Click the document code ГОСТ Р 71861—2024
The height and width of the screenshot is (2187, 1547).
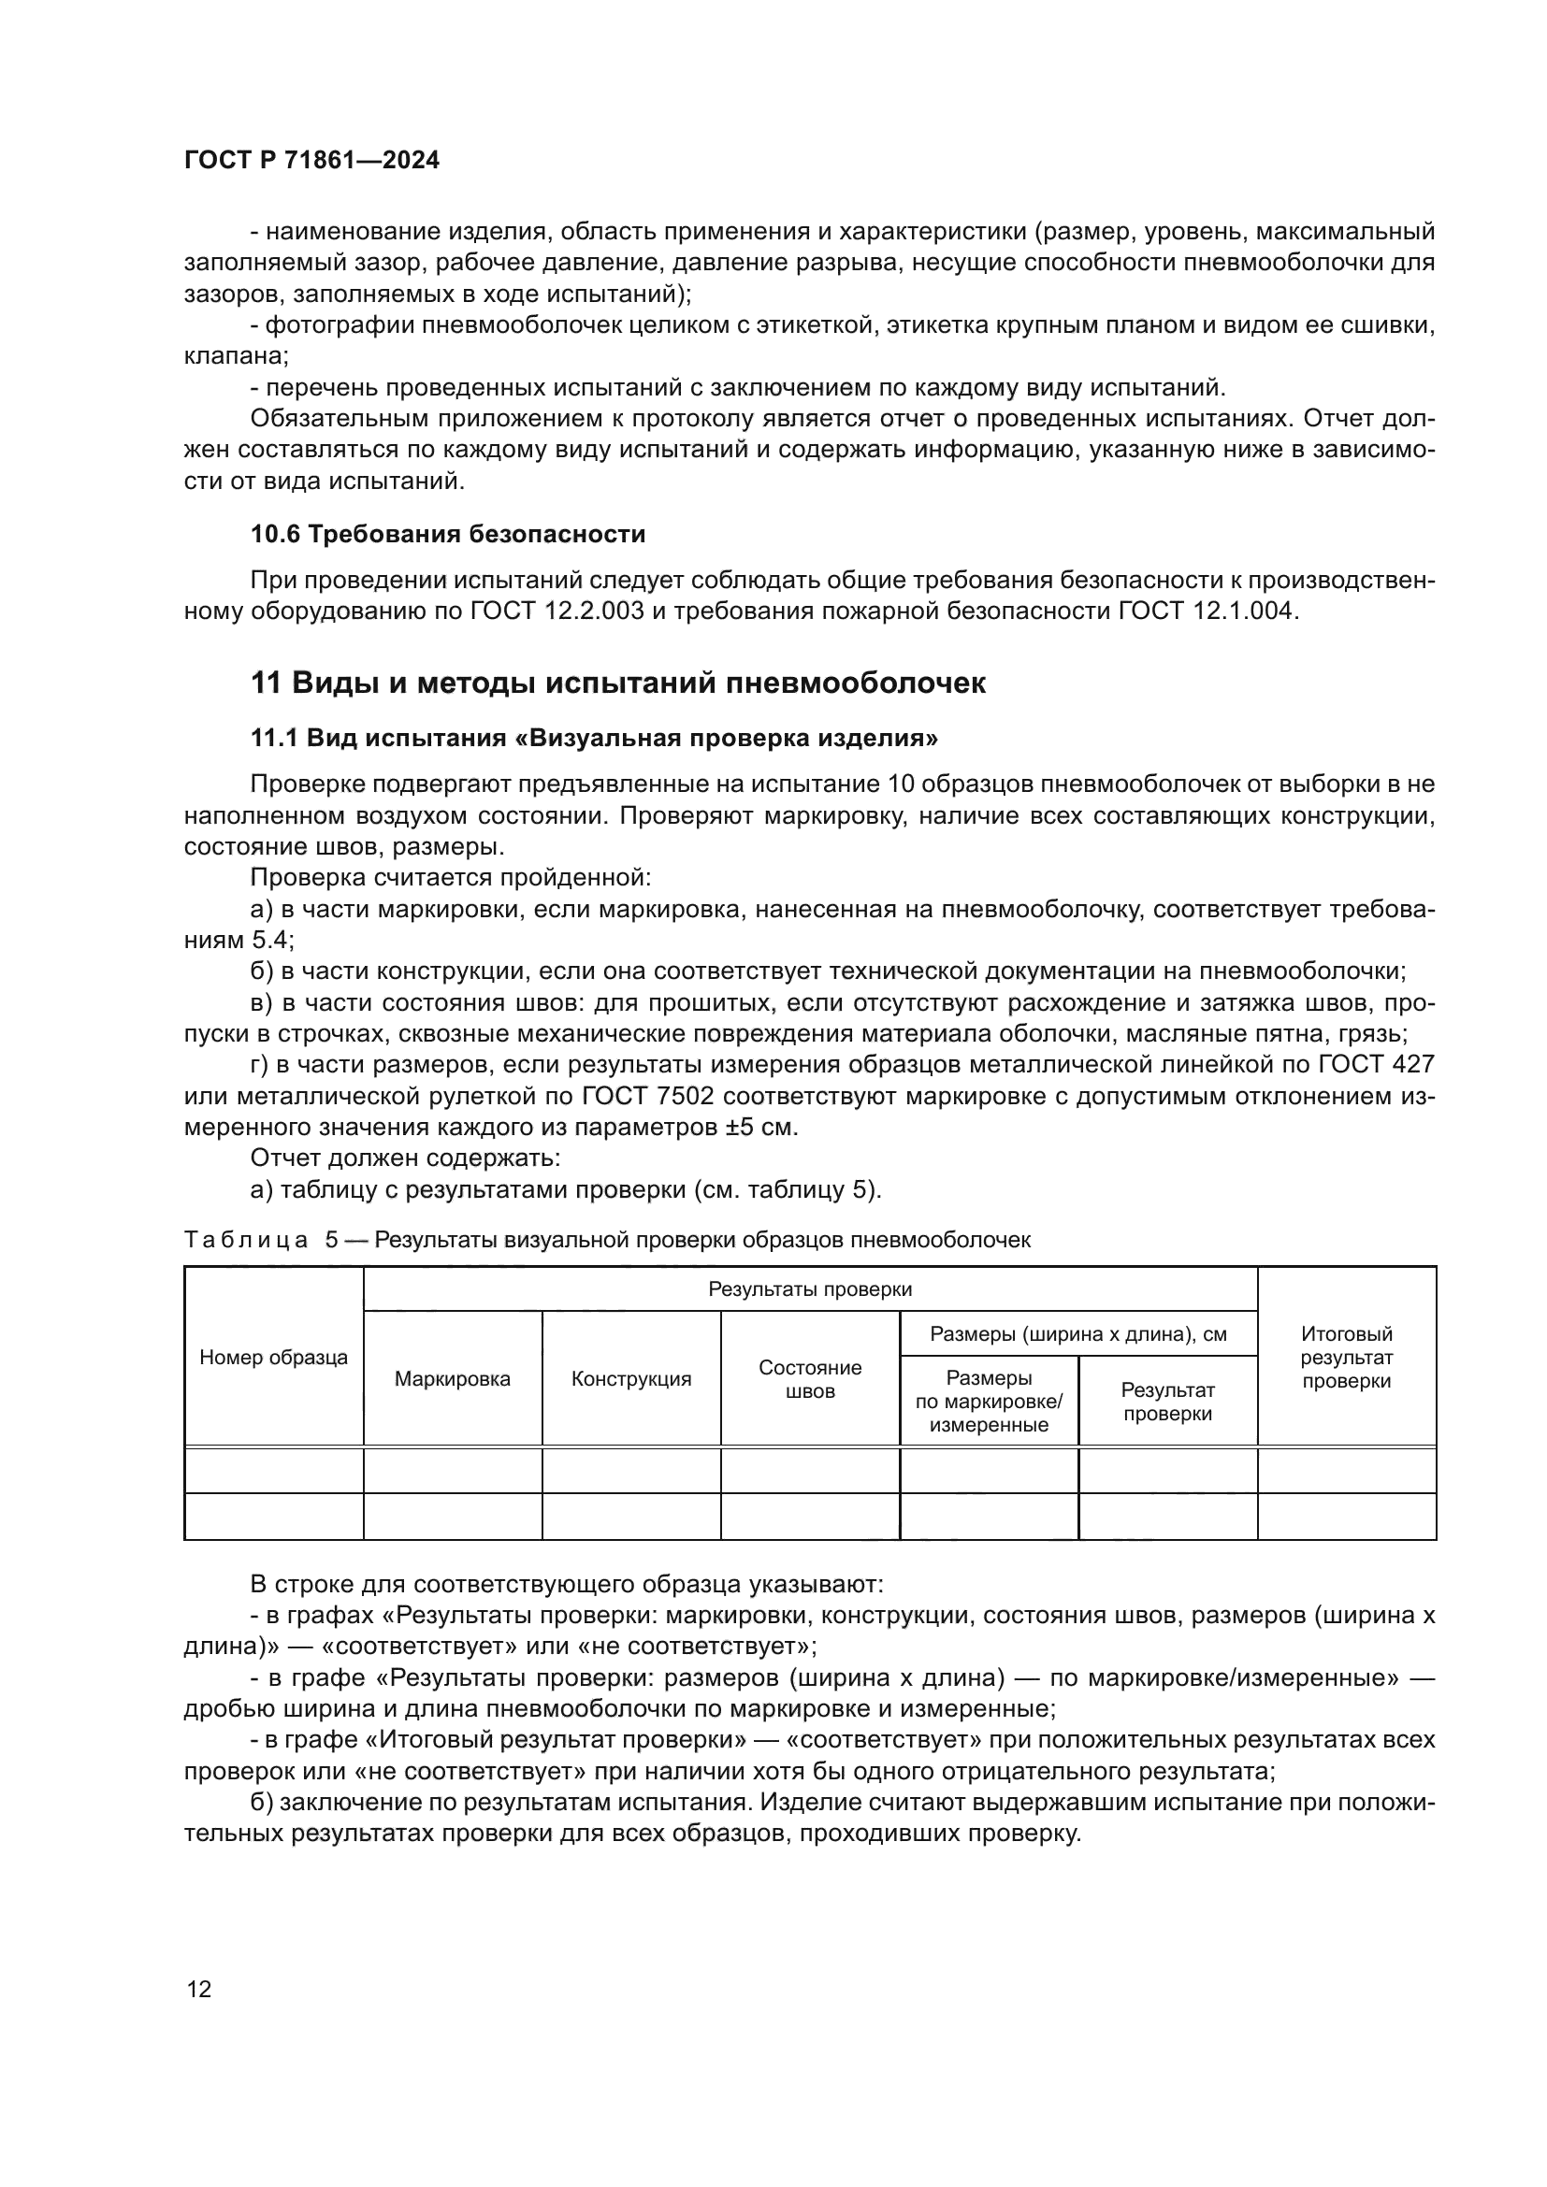coord(311,160)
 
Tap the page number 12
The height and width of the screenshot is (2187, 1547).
coord(199,1989)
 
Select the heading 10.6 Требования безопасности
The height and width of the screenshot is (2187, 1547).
coord(448,535)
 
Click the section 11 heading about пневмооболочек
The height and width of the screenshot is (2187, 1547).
coord(617,683)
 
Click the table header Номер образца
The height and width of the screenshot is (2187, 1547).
coord(273,1359)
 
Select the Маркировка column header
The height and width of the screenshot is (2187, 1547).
coord(453,1379)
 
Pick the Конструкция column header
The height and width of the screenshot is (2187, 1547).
coord(630,1379)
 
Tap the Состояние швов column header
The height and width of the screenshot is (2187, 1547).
coord(810,1379)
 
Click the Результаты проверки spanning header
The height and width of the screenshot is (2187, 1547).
coord(810,1289)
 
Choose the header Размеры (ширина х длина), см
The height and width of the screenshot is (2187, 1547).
coord(1078,1334)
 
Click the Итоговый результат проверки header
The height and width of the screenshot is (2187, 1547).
coord(1346,1359)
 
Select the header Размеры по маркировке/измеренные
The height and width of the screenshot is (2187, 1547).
coord(988,1402)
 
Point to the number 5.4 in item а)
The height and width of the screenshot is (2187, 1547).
coord(271,940)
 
